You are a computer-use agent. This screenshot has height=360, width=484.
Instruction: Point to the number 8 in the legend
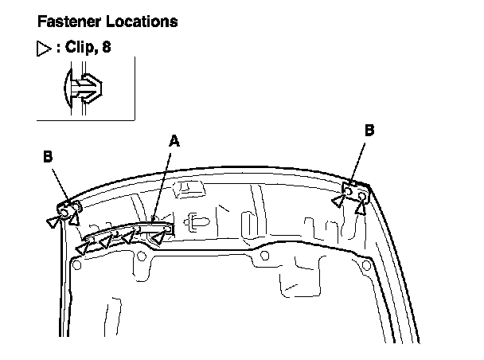(107, 47)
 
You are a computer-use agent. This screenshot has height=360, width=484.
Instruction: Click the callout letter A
(175, 141)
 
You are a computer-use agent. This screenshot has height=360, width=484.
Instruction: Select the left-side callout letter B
(49, 157)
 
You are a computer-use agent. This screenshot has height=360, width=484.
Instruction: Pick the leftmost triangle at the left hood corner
(53, 221)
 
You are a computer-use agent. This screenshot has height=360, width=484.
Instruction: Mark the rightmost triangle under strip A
(161, 236)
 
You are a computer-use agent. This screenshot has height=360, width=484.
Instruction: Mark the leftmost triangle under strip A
(81, 250)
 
